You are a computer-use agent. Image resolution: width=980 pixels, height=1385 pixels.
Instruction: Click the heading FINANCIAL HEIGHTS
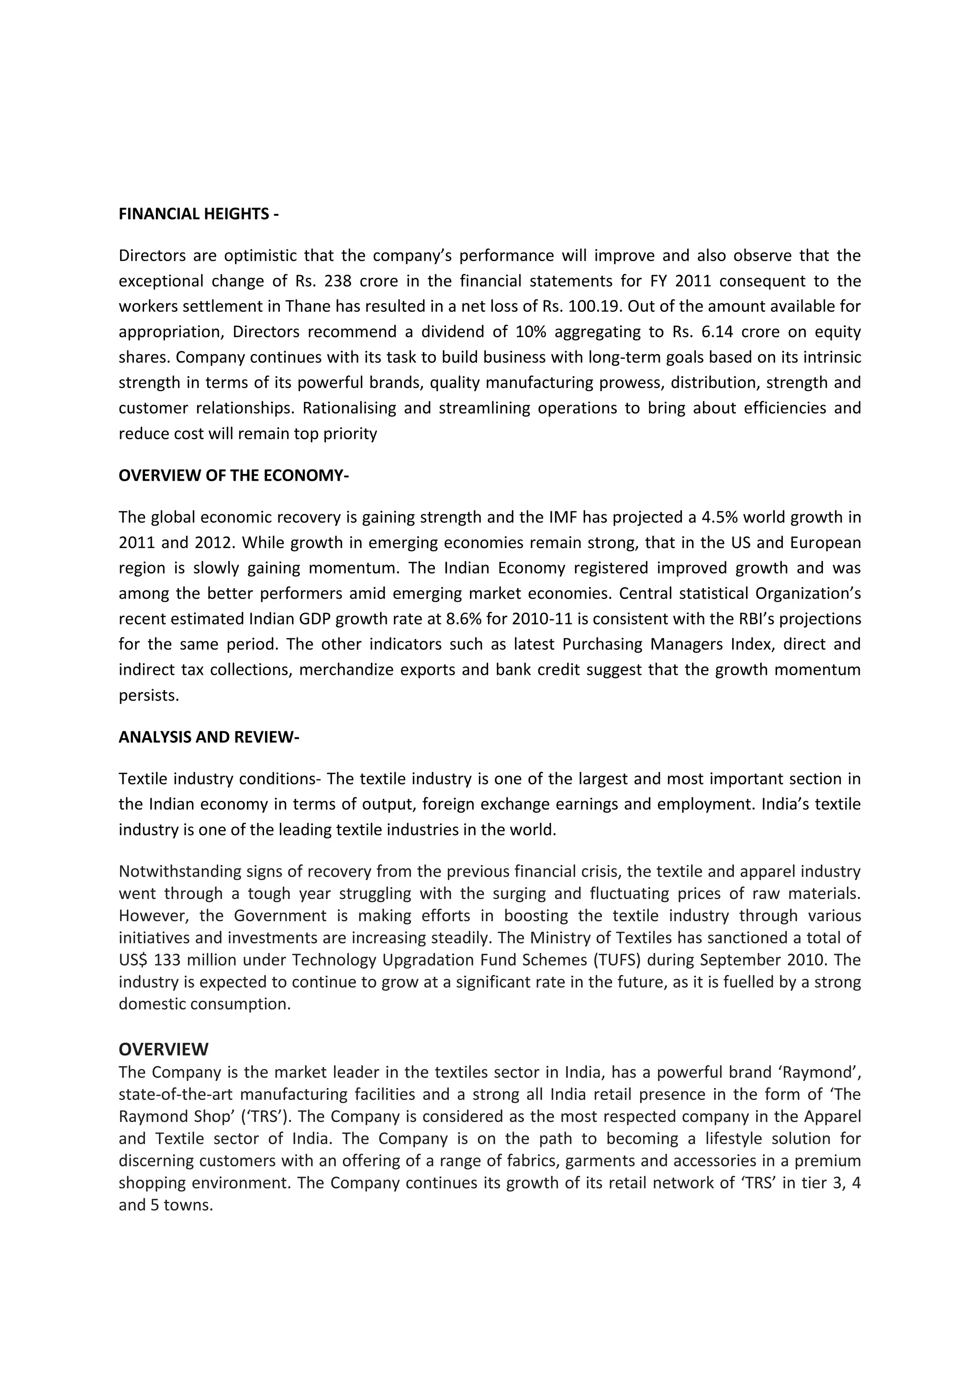[199, 214]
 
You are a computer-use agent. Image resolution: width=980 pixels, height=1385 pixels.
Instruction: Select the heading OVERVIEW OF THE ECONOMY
[234, 476]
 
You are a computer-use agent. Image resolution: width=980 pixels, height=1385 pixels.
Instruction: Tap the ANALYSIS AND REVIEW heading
[209, 737]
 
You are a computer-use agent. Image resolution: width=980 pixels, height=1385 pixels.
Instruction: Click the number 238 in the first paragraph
[338, 281]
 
